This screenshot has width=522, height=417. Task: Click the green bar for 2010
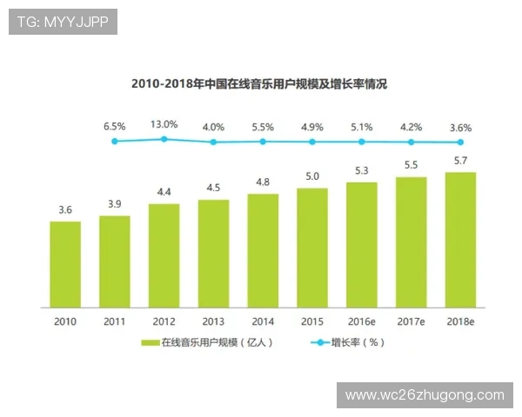point(65,264)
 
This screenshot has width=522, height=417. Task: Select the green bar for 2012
point(164,255)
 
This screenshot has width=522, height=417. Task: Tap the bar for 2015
point(312,248)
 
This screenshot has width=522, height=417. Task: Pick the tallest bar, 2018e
point(460,240)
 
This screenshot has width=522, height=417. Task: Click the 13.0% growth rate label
point(164,125)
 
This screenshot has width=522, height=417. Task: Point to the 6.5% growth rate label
point(115,126)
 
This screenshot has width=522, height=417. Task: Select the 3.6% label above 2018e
point(460,127)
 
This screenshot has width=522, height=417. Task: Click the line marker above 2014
point(263,142)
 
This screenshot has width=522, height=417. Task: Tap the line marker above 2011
point(114,141)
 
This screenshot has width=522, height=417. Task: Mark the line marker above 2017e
point(412,142)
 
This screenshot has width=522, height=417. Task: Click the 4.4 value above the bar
point(164,192)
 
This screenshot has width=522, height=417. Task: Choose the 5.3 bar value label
point(362,170)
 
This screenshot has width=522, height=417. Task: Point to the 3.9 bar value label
point(115,203)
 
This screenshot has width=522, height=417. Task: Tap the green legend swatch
point(149,343)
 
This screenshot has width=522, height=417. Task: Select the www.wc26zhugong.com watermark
point(425,395)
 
